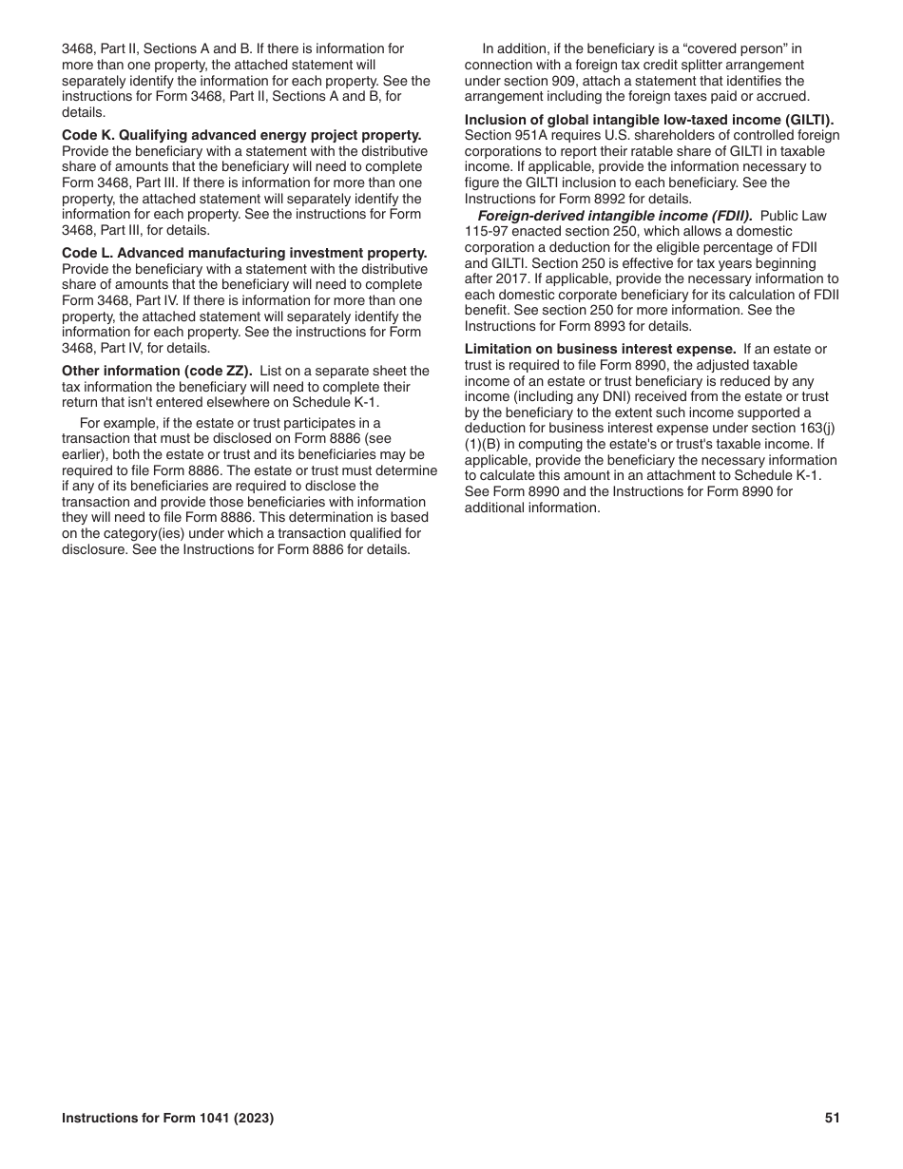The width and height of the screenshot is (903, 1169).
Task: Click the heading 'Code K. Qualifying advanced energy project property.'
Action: [x=241, y=136]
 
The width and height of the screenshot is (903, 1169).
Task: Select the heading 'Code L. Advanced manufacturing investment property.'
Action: [x=244, y=253]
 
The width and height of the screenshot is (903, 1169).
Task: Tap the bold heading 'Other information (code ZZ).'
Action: [x=157, y=371]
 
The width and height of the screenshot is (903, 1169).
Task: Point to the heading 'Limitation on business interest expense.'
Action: [x=600, y=349]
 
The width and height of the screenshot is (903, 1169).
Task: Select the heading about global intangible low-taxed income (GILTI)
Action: [x=648, y=120]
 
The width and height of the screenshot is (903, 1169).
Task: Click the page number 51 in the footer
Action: [x=832, y=1119]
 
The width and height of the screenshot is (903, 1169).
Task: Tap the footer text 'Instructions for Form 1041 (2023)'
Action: [x=168, y=1119]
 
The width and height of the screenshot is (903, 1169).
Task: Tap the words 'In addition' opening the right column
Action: [x=514, y=48]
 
